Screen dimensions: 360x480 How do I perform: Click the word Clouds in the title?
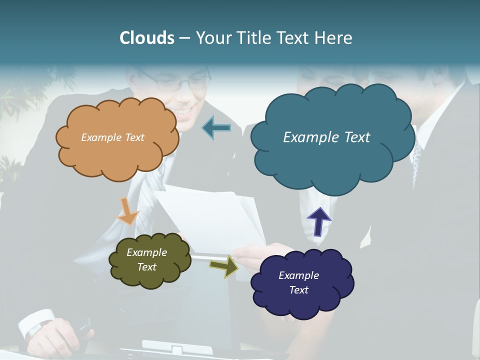click(146, 38)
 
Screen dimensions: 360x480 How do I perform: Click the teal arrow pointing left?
click(216, 128)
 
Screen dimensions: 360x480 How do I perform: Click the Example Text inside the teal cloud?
click(326, 137)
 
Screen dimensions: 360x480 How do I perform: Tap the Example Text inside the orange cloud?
click(112, 137)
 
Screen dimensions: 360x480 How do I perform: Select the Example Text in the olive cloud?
click(146, 259)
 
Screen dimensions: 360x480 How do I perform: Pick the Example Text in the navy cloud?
click(298, 282)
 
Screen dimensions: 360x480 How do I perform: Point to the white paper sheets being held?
click(210, 220)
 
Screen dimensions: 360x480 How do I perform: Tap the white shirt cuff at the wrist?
click(37, 322)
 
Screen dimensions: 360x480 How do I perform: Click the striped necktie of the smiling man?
click(147, 200)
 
